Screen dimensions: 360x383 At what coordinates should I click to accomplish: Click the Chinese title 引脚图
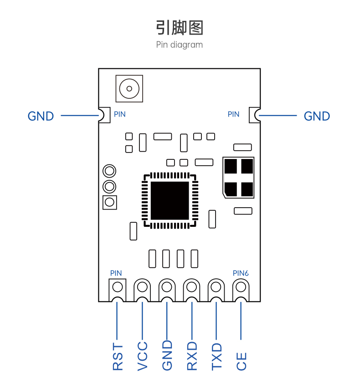[180, 28]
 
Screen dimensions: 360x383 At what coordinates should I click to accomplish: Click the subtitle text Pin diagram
[180, 45]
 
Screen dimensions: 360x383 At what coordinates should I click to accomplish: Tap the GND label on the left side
[41, 116]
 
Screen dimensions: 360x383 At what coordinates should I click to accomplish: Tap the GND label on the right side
[317, 116]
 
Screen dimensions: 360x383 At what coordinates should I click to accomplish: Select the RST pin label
[118, 357]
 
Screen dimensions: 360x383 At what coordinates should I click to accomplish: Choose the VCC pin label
[143, 356]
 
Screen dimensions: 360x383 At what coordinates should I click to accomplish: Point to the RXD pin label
[192, 356]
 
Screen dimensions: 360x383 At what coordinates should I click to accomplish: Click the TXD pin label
[216, 357]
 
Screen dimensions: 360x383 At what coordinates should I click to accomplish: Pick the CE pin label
[241, 361]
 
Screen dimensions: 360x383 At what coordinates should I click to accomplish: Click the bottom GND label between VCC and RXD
[167, 355]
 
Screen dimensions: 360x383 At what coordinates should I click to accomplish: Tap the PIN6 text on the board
[241, 273]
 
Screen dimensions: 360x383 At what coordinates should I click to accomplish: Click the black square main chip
[170, 200]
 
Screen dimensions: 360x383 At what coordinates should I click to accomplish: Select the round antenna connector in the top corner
[129, 89]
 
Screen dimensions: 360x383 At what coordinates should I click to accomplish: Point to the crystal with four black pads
[238, 178]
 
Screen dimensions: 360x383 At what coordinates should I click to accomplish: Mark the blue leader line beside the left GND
[80, 116]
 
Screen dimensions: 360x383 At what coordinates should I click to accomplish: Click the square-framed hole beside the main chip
[109, 202]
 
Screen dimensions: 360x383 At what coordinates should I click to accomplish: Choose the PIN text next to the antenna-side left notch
[120, 114]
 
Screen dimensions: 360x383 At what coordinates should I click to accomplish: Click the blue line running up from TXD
[216, 321]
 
